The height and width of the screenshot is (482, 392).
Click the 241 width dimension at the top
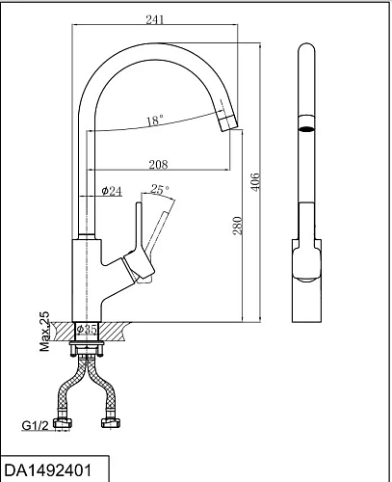pos(155,19)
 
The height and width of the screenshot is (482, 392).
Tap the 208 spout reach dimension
pos(158,165)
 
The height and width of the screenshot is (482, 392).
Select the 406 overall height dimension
pos(255,182)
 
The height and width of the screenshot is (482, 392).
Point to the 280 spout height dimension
pos(237,226)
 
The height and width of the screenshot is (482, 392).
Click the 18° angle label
pos(155,120)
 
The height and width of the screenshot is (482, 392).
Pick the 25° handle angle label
pos(160,189)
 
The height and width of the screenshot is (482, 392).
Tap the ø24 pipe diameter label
pos(112,191)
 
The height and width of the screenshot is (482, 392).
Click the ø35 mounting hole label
pos(87,329)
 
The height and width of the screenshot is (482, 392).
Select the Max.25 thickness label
pos(44,331)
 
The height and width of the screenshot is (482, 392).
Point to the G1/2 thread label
pos(35,426)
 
